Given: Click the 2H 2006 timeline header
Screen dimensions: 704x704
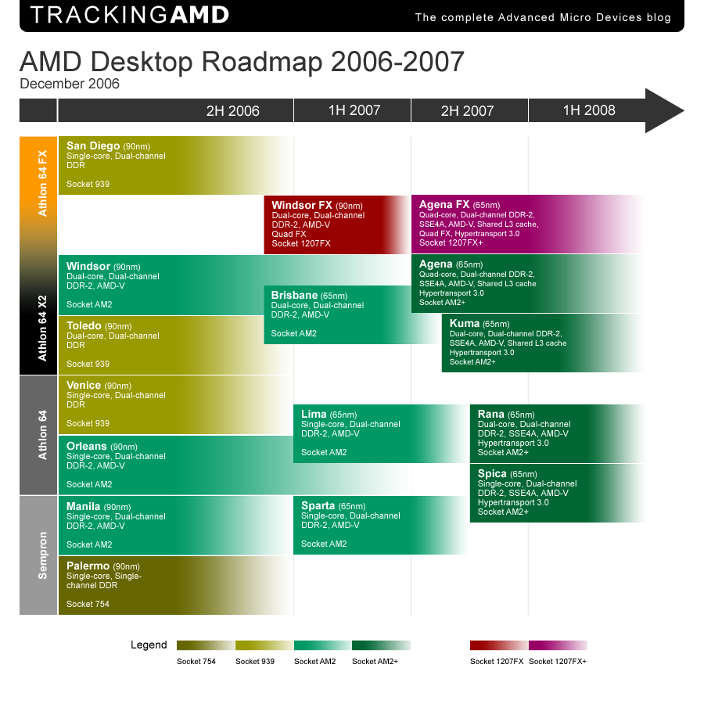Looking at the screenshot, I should (x=232, y=111).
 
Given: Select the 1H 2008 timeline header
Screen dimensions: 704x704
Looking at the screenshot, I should (x=589, y=110).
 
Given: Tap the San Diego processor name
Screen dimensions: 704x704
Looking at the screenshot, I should (x=93, y=145).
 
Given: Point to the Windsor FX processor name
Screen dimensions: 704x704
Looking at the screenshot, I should (x=302, y=206).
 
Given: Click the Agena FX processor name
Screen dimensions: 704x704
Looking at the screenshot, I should (x=444, y=205).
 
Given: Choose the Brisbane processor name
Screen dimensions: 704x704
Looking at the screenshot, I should (x=294, y=295).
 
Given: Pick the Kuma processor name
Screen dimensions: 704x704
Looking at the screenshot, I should (x=465, y=323).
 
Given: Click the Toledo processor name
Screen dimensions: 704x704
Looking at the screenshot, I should (x=84, y=325).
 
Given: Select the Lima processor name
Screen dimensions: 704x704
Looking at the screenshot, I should (x=314, y=414).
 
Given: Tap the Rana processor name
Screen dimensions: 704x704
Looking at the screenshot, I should (x=490, y=414).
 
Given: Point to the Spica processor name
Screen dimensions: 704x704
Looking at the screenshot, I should (x=492, y=473).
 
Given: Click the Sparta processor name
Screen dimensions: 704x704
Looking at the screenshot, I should (x=318, y=505).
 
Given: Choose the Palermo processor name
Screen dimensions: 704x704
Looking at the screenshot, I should (x=88, y=566).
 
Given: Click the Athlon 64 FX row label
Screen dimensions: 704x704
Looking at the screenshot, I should (x=42, y=182).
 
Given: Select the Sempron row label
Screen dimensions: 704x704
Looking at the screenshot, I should (x=42, y=555).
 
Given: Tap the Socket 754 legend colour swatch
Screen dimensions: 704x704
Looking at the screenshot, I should (x=205, y=645).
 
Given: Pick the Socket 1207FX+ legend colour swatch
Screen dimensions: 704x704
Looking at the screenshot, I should (x=558, y=645).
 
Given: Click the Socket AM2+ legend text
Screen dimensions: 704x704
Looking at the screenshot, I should (x=375, y=662).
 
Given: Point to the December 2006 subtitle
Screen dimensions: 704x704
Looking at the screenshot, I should (x=70, y=84).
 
